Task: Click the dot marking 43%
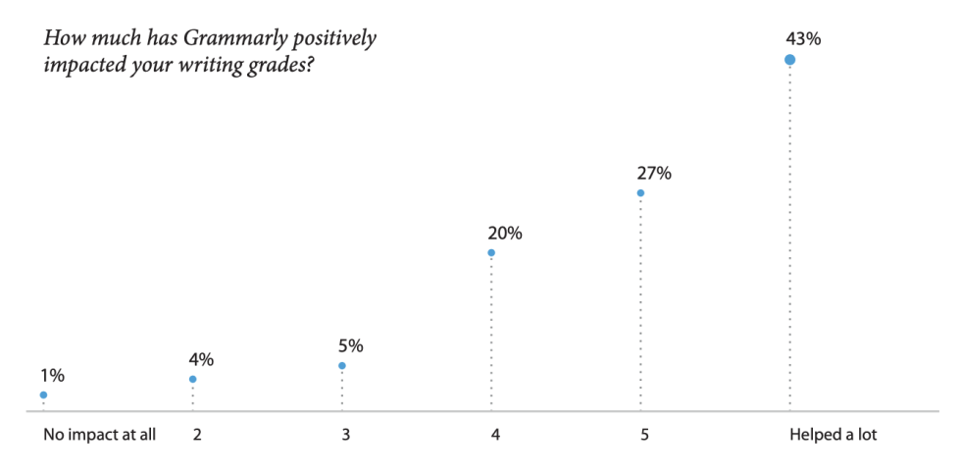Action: tap(789, 60)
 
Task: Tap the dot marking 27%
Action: tap(640, 192)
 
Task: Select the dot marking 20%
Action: tap(491, 252)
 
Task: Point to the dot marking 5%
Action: tap(342, 366)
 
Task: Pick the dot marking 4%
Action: tap(193, 379)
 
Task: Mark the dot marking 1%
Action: tap(43, 395)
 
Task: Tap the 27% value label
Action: tap(654, 174)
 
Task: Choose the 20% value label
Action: tap(505, 234)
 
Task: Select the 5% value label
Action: tap(351, 345)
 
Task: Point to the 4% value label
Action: tap(201, 359)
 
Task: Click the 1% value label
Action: tap(52, 375)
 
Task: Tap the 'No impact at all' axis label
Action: tap(100, 435)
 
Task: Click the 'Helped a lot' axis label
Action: tap(833, 435)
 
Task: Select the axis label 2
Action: tap(197, 435)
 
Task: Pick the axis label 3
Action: tap(346, 435)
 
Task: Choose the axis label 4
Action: tap(496, 435)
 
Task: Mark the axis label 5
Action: tap(645, 435)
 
